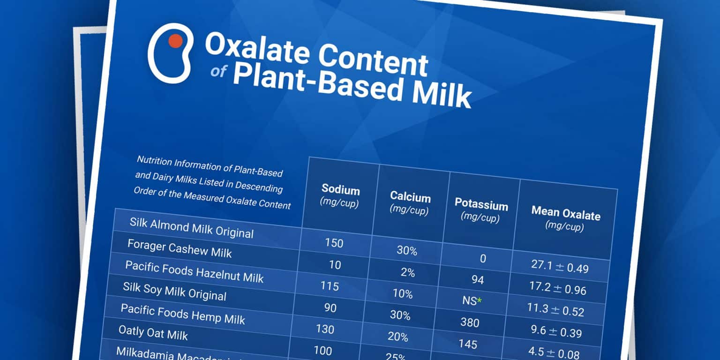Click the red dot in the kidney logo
click(175, 41)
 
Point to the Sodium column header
click(340, 190)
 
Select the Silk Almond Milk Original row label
click(191, 227)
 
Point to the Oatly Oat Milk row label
click(153, 333)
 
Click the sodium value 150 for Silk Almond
click(334, 243)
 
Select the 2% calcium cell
click(408, 272)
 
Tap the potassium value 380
click(470, 322)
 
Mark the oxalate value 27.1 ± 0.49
click(560, 266)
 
